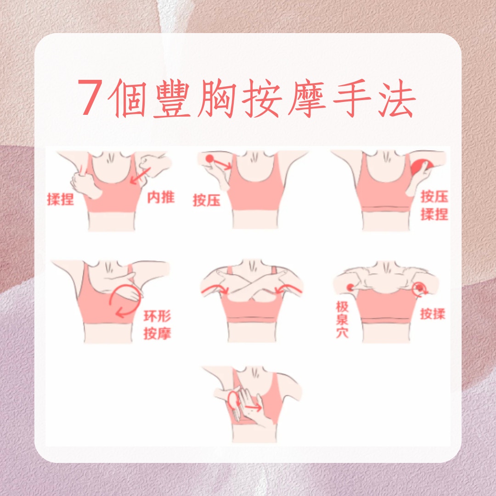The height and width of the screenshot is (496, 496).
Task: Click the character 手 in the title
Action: click(x=352, y=98)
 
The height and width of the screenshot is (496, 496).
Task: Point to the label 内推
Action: click(x=161, y=197)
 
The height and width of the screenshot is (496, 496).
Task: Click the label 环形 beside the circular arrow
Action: click(x=157, y=316)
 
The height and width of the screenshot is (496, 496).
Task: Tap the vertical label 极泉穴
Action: click(x=342, y=320)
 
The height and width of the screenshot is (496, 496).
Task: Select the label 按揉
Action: click(x=433, y=314)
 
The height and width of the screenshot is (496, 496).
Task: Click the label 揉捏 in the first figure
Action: click(x=61, y=199)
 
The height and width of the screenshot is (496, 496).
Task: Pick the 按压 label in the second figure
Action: click(x=207, y=200)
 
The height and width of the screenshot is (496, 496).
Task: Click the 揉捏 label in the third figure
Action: click(x=434, y=214)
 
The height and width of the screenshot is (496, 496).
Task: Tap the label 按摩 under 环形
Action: click(x=157, y=333)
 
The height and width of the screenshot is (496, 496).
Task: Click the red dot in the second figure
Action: click(x=209, y=158)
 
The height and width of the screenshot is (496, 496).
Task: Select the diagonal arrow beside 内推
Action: click(x=141, y=175)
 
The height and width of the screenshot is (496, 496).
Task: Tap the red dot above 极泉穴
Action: click(x=350, y=287)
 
